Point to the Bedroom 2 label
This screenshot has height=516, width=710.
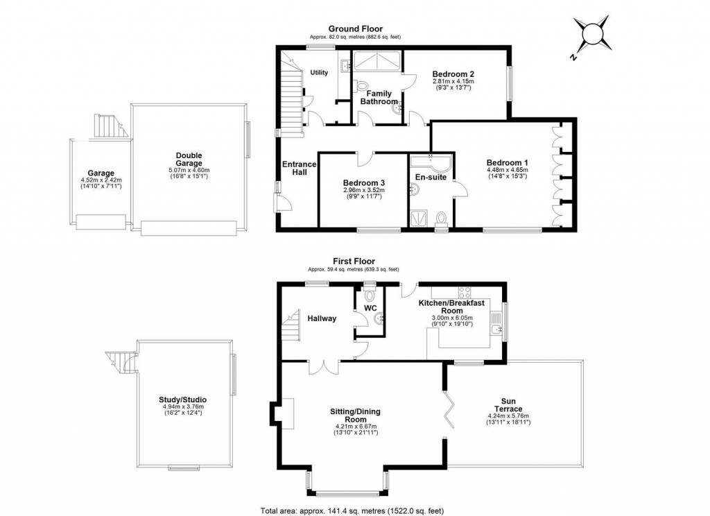(453, 74)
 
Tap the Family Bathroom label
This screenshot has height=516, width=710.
(379, 98)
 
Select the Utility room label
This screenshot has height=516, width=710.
(319, 72)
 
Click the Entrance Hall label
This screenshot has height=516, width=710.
(299, 169)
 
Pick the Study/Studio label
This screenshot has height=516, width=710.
(182, 400)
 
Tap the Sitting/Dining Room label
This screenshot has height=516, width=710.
(354, 415)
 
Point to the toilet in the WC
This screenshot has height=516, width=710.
(368, 294)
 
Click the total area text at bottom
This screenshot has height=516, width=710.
(354, 511)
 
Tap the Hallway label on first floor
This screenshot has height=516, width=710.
(322, 318)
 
